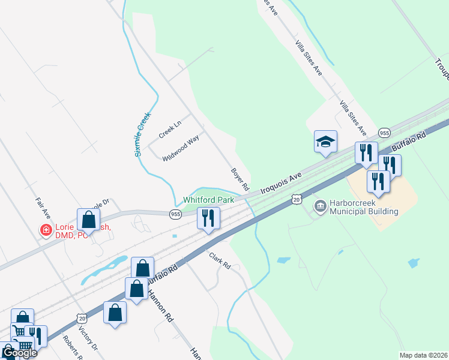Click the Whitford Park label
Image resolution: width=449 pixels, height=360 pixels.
point(208,199)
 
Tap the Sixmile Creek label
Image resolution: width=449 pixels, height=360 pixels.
point(142,134)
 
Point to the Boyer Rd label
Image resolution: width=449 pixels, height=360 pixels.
point(240,179)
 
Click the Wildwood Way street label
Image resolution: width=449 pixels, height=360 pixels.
point(181,148)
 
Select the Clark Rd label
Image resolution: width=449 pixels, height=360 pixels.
point(220,261)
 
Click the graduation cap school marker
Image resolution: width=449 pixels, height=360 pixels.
point(325,142)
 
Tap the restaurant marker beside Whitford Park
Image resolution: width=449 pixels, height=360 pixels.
point(208,219)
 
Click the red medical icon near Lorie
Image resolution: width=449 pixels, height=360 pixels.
point(45,230)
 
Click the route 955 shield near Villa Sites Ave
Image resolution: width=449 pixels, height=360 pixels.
point(385,133)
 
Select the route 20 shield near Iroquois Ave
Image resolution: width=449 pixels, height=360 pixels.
point(295,198)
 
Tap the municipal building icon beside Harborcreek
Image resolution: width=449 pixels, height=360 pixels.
point(320,207)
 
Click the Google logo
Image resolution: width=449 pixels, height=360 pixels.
point(19,353)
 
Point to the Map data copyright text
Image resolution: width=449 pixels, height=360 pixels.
point(424,355)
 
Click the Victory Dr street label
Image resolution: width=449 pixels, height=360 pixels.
point(94,340)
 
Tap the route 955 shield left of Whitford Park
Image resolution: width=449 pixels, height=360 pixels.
point(175,214)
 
